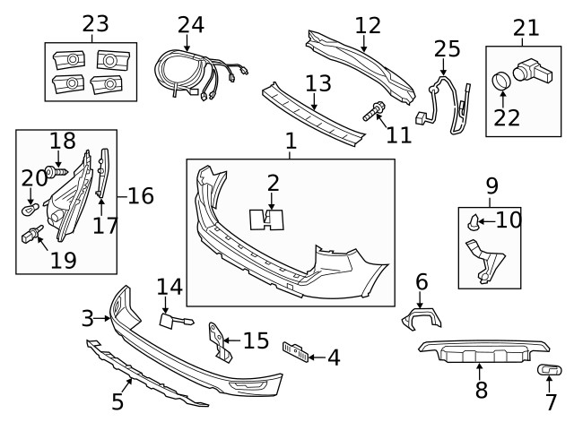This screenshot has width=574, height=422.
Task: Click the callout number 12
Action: pos(368,25)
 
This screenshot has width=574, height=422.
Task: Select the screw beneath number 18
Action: pos(60,168)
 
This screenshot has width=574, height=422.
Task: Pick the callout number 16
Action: pos(140,195)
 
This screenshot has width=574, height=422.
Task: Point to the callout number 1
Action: pos(290,141)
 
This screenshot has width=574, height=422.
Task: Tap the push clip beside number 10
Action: pos(473,220)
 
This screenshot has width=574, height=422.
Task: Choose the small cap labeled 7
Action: pos(547,370)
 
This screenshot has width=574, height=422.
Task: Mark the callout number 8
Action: pos(481,390)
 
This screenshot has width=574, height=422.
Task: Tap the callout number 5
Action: pos(117,402)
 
